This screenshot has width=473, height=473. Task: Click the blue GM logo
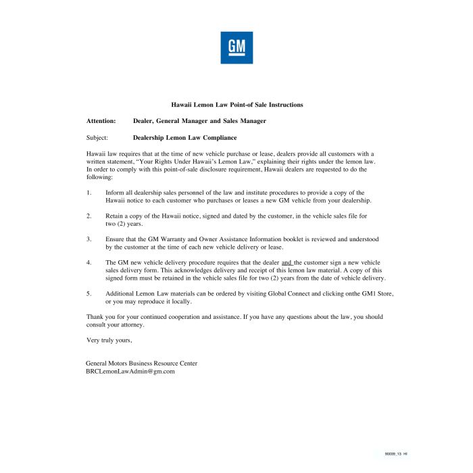[x=236, y=47]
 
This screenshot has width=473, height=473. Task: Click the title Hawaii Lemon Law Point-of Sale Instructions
[x=236, y=105]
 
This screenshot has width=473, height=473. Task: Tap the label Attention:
[x=101, y=121]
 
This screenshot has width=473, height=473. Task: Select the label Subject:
[x=98, y=137]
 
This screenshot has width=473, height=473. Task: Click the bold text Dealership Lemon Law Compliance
[x=184, y=137]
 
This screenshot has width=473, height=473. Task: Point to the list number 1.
[x=89, y=193]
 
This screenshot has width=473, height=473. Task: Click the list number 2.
[x=89, y=216]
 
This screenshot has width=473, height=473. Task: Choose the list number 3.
[x=89, y=239]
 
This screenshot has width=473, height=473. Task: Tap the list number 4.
[x=89, y=262]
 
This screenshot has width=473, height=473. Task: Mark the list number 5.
[x=89, y=293]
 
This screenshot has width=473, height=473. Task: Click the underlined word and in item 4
[x=287, y=262]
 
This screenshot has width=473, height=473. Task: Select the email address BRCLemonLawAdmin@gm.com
[x=130, y=371]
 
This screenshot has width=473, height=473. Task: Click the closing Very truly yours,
[x=109, y=339]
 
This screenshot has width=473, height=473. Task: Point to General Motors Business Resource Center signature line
[x=141, y=363]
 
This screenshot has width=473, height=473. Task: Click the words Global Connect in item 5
[x=309, y=293]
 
